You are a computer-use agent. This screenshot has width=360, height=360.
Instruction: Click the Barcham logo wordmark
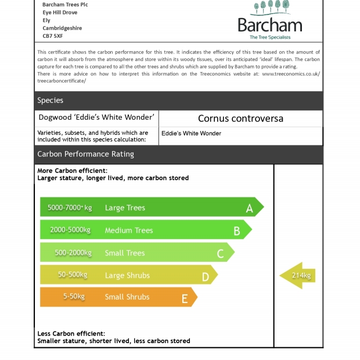coord(270,25)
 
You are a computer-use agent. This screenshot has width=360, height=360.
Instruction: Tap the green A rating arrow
coord(151,207)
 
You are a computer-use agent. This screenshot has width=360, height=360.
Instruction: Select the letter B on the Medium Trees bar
coord(236,231)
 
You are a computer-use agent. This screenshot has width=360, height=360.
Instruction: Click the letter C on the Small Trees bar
coord(220,253)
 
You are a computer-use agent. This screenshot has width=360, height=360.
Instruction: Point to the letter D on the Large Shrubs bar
coord(205,277)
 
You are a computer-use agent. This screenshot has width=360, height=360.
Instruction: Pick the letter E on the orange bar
coord(185,298)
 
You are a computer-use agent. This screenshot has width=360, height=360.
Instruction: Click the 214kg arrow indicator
coord(298,275)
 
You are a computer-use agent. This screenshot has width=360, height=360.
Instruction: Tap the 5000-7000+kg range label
coord(70,207)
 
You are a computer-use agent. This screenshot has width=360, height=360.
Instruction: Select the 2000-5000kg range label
coord(70,230)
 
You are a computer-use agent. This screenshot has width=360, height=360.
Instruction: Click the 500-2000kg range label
coord(73,253)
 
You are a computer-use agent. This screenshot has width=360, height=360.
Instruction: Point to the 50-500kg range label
coord(73,275)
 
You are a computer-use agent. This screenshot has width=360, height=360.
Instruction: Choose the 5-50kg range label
coord(74,296)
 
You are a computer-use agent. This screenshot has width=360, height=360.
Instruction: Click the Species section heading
coord(51,100)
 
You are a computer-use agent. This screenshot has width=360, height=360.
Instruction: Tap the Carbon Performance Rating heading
coord(85,154)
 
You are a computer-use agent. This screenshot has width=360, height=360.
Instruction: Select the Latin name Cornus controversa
coord(240,118)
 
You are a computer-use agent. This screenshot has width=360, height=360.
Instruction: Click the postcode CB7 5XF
coord(53,35)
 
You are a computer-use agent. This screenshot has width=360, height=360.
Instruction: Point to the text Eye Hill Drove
coord(60,12)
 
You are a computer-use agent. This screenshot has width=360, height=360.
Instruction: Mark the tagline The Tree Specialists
coord(270,37)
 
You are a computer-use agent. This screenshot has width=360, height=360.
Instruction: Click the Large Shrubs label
coord(127,275)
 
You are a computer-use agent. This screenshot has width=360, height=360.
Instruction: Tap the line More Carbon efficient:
coord(73,171)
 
